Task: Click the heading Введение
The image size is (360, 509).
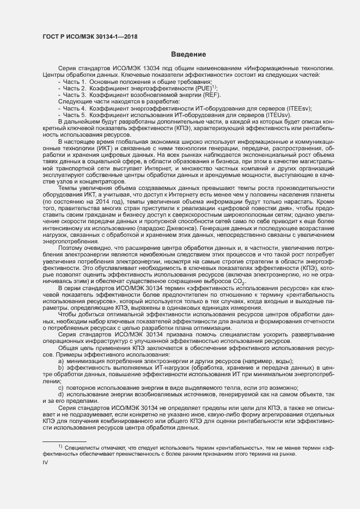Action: pyautogui.click(x=188, y=54)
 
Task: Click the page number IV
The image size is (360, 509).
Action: pyautogui.click(x=45, y=462)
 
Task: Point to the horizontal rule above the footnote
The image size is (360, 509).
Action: pyautogui.click(x=64, y=441)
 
